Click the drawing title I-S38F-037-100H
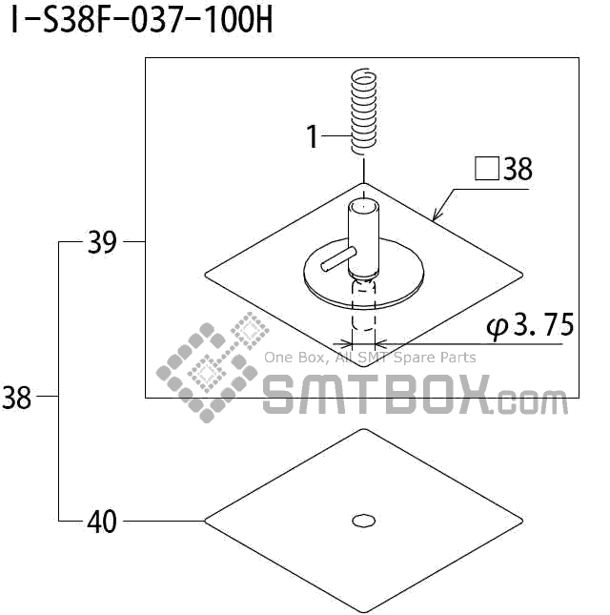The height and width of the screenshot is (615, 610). [141, 20]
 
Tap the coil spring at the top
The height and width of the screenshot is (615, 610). [364, 112]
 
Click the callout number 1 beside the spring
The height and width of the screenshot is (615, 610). [313, 137]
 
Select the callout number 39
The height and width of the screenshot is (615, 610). [102, 242]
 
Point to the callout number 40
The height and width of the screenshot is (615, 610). [102, 522]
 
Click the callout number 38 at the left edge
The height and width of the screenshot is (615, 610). [16, 398]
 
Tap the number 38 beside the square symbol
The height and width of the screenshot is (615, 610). [518, 169]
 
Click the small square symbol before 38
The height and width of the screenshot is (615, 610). [486, 169]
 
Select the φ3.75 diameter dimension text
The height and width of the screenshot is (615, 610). [530, 325]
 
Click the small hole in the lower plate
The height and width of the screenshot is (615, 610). [364, 521]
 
